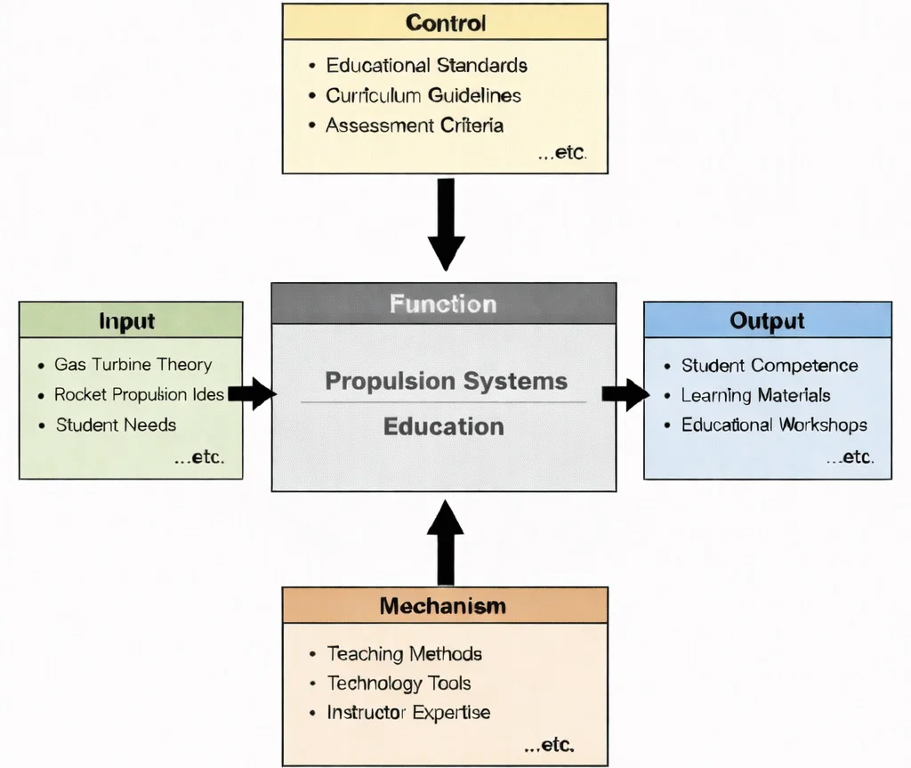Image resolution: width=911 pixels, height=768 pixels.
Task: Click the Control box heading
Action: pos(445,22)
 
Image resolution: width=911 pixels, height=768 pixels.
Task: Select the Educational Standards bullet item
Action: pos(426,66)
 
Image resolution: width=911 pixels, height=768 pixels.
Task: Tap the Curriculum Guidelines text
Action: pos(423,95)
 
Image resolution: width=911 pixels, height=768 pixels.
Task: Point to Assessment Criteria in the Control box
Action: pos(414,125)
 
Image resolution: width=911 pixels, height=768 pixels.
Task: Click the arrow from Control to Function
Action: pos(446,223)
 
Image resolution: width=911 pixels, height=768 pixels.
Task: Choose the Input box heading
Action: pos(127,321)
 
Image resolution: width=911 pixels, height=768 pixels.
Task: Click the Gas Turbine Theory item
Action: pos(133,365)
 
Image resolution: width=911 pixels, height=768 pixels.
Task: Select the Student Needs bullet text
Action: pos(116,424)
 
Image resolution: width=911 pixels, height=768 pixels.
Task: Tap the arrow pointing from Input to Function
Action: pos(253,393)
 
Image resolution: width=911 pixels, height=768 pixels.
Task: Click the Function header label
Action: pos(443,304)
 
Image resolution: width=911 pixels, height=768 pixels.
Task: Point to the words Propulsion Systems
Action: pos(446,382)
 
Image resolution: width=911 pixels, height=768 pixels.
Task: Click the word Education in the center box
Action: pos(443,426)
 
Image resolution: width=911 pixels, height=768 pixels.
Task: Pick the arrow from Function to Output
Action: pos(625,394)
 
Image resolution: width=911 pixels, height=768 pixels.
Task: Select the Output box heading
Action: pos(767,321)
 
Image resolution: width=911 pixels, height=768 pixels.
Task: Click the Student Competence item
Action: pos(769,366)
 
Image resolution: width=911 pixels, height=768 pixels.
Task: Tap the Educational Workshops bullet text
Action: pos(774,425)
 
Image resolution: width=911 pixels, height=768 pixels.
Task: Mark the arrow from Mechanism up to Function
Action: pos(446,541)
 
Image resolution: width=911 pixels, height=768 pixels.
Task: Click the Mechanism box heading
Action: pos(442,606)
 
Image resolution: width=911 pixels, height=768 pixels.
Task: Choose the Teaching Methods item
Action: pos(404,654)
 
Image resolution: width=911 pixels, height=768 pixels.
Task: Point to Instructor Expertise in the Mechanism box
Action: pos(408,713)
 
